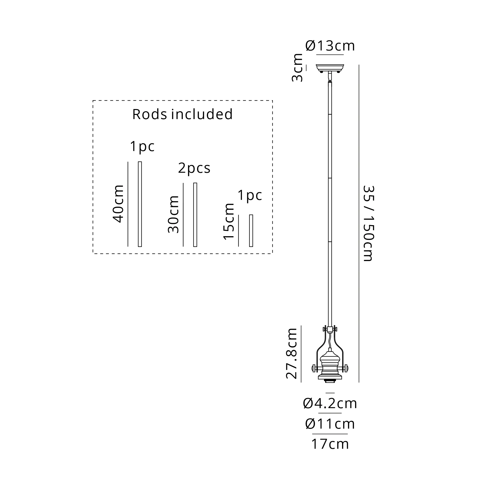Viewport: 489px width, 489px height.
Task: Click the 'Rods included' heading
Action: point(182,114)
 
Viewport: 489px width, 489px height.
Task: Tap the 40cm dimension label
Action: point(118,204)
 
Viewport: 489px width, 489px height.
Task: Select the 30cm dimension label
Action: point(174,214)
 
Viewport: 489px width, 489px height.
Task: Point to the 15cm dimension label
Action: point(229,221)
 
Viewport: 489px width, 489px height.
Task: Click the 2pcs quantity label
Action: point(194,168)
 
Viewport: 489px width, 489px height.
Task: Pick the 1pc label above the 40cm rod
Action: point(142,146)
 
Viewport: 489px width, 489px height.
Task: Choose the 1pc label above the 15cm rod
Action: point(250,195)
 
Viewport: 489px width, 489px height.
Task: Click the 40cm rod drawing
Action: point(140,204)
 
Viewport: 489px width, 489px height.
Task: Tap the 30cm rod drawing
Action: point(195,214)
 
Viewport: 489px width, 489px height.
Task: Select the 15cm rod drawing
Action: point(251,230)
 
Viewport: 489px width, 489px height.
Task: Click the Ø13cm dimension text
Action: point(330,46)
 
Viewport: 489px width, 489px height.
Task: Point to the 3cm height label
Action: point(298,67)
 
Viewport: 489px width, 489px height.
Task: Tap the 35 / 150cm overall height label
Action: point(368,223)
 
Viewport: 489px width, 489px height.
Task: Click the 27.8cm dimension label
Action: point(292,353)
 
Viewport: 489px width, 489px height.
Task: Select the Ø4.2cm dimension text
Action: point(330,403)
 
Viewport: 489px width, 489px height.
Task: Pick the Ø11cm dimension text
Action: point(330,424)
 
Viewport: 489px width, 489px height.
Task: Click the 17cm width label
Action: point(330,444)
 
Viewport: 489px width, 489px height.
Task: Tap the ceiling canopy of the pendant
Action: point(330,67)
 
